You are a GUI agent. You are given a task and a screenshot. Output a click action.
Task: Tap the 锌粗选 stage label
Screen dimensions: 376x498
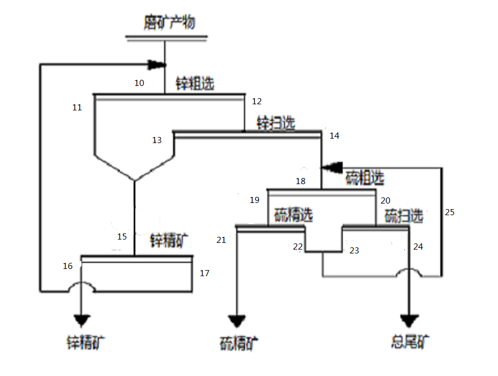click(195, 84)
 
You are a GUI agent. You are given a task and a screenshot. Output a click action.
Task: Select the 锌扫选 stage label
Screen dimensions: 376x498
click(275, 123)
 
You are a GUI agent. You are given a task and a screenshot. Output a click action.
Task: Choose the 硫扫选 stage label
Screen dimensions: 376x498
click(404, 215)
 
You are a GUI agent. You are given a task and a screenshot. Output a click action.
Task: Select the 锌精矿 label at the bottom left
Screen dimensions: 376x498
click(85, 342)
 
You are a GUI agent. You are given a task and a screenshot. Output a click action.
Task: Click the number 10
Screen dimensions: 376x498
click(139, 83)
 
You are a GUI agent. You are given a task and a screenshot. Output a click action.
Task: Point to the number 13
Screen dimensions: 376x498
click(157, 140)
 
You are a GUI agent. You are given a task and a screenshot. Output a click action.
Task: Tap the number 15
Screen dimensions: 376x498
click(122, 237)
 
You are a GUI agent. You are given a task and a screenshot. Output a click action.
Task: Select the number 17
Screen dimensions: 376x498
click(205, 273)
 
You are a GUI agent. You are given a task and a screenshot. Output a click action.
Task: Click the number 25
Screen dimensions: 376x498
click(449, 212)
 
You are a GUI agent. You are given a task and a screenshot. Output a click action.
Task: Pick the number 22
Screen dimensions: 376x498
click(298, 246)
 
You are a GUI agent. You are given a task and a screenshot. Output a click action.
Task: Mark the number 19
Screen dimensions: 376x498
click(255, 200)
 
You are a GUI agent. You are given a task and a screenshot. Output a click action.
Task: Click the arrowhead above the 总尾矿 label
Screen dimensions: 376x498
click(410, 321)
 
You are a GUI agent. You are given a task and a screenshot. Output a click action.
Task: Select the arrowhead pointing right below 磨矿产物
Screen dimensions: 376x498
click(157, 65)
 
